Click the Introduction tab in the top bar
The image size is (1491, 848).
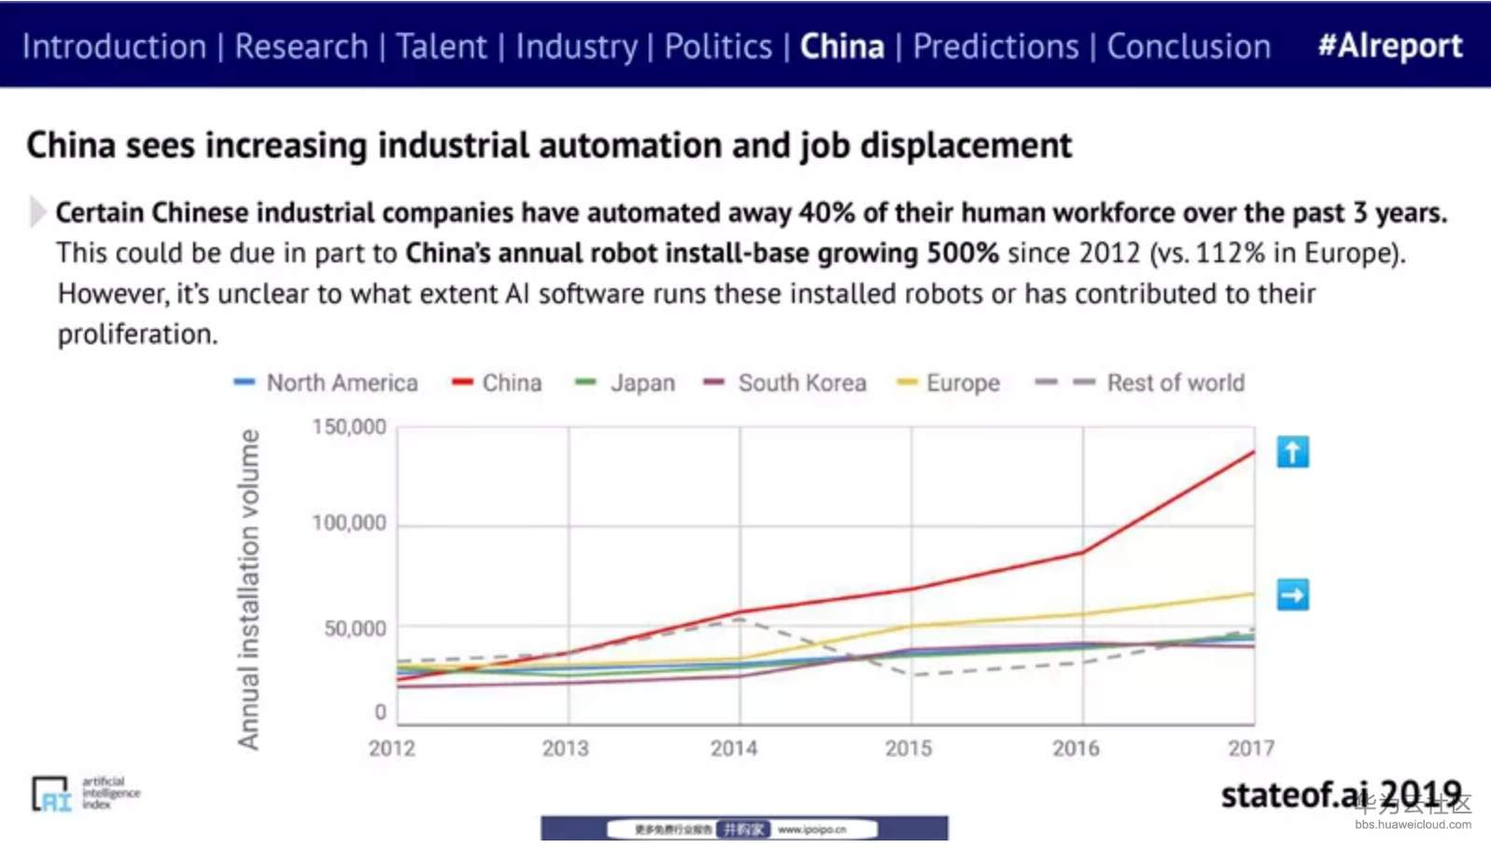coord(114,47)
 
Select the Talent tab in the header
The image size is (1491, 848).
coord(441,47)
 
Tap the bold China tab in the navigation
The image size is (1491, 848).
coord(841,47)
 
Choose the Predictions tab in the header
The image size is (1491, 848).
coord(995,47)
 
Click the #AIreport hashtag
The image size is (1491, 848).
coord(1389,46)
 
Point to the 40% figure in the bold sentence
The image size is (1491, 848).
coord(826,213)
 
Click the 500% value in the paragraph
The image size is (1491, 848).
coord(963,253)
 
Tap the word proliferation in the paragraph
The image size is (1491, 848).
coord(137,334)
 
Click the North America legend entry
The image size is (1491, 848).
coord(342,382)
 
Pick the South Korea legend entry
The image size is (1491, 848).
coord(801,382)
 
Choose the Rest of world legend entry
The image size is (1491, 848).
coord(1175,382)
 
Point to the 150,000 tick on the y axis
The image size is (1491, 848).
coord(348,427)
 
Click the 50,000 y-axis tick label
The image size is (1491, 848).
coord(355,629)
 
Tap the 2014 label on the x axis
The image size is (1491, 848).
coord(734,748)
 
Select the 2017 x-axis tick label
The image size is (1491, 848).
coord(1250,748)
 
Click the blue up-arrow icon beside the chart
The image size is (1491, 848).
coord(1292,452)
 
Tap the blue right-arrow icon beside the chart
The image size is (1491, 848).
coord(1292,594)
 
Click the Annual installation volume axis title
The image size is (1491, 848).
coord(248,589)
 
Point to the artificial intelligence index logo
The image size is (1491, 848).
coord(85,794)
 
